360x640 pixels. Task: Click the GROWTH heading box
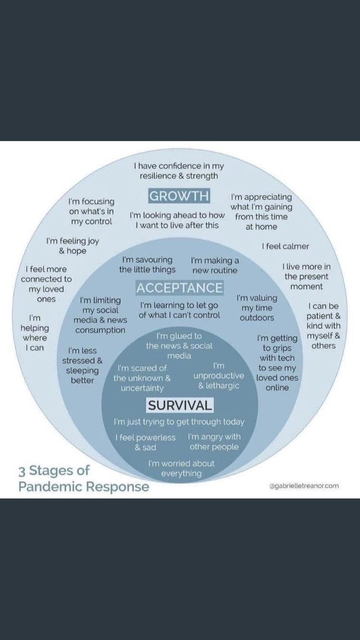179,196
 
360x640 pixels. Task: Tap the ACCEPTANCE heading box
179,287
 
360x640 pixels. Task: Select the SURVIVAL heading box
180,405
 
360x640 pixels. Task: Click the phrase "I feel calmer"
285,246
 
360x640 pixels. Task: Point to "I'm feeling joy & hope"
73,246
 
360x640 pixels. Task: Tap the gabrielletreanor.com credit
304,485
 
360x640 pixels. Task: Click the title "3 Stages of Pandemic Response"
84,478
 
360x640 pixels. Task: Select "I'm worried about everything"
181,468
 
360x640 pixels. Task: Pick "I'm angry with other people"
214,442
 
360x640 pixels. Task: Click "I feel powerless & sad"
146,442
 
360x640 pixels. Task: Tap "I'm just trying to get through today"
179,422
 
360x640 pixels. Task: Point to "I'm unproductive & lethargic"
219,375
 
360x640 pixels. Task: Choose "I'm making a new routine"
215,266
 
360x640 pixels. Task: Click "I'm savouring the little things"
147,265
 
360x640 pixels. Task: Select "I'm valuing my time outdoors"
257,308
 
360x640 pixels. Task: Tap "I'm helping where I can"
35,333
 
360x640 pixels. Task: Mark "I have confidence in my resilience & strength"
179,171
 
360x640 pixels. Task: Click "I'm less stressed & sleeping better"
82,365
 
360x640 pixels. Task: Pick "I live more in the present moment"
307,277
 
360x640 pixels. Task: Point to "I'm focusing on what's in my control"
91,211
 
